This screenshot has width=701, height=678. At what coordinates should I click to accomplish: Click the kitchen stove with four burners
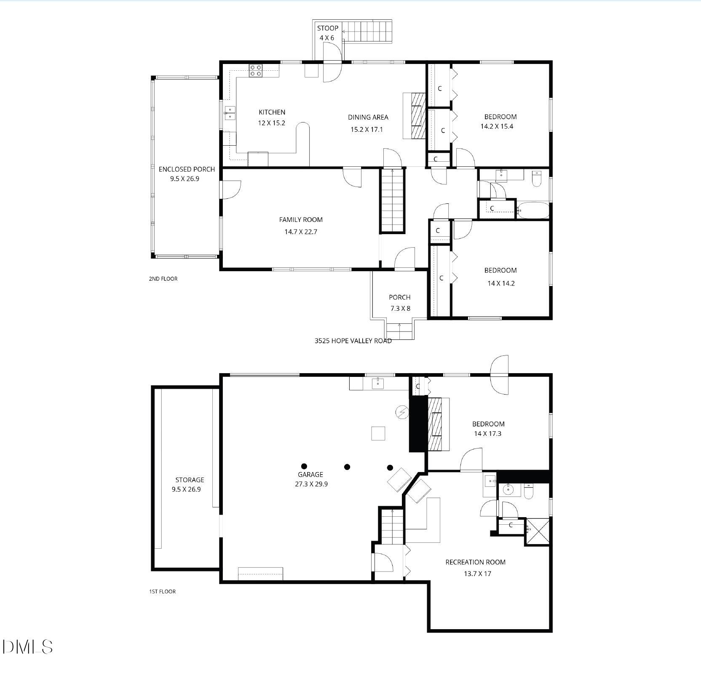click(x=255, y=70)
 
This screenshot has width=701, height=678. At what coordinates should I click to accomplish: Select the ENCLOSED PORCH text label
click(x=187, y=169)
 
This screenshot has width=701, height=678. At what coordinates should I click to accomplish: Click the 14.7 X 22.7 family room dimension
click(x=300, y=232)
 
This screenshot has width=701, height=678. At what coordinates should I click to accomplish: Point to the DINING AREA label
click(x=368, y=117)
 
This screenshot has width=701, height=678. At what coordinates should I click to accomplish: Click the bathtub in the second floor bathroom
click(x=533, y=210)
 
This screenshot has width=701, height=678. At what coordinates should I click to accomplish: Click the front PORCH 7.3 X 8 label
click(x=400, y=302)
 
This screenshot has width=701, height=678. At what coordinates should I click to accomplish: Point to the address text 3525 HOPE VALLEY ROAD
click(x=353, y=341)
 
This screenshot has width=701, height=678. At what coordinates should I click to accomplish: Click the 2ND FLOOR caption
click(x=163, y=279)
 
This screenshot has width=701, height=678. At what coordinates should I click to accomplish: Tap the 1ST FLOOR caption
click(x=162, y=592)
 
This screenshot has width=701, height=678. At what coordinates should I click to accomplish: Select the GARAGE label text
click(x=310, y=475)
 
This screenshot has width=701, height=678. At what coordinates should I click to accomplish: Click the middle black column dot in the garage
click(x=347, y=467)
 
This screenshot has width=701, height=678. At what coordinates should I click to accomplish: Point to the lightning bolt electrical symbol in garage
click(x=402, y=412)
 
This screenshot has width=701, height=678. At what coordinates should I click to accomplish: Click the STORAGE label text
click(x=190, y=480)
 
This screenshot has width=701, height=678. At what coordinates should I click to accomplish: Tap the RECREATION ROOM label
click(x=475, y=562)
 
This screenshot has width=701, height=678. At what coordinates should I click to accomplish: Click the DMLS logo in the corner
click(x=27, y=658)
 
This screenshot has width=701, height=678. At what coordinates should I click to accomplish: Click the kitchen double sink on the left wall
click(x=230, y=113)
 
